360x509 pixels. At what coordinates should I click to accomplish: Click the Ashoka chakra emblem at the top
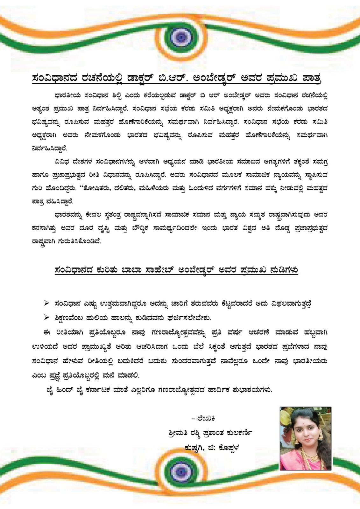click(180, 37)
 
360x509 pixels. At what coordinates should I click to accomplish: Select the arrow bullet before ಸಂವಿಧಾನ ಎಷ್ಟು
click(46, 303)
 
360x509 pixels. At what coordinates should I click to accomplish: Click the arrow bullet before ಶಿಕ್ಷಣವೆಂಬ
click(46, 317)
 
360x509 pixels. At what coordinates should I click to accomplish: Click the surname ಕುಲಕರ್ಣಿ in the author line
click(238, 433)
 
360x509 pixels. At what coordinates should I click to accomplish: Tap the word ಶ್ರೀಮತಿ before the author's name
click(178, 433)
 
